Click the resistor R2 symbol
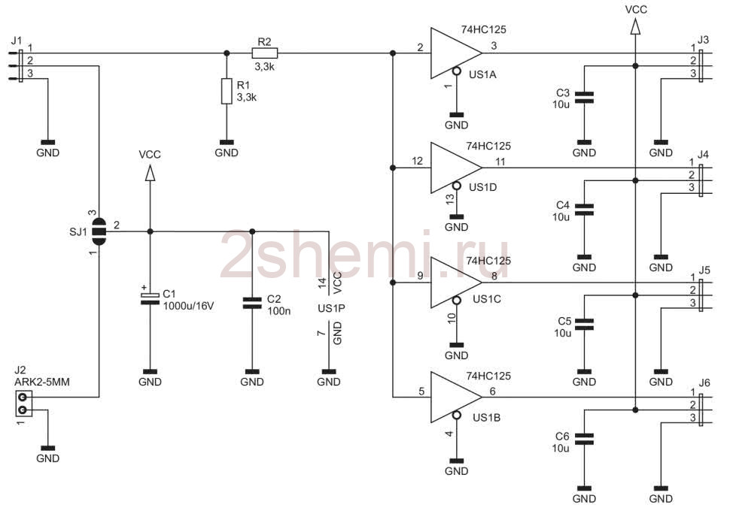point(264,53)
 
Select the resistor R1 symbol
point(227,91)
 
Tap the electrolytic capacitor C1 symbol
point(150,298)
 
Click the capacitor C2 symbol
point(252,304)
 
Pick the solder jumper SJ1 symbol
point(99,231)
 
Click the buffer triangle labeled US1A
point(456,53)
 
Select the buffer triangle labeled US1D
point(456,168)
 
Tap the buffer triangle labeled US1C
point(456,282)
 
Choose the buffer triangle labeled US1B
point(456,397)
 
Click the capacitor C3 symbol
point(584,97)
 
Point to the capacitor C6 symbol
point(584,439)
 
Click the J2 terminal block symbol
point(23,404)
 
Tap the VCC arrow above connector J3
point(635,26)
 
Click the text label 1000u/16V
point(189,306)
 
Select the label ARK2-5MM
point(42,382)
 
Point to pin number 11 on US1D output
point(500,162)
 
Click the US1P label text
point(331,308)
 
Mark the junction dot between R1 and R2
point(227,53)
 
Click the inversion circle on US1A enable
point(457,71)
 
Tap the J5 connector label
point(705,270)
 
